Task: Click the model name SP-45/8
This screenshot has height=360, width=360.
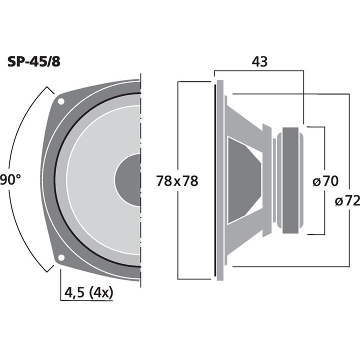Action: [34, 62]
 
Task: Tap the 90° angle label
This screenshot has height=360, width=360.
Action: [10, 180]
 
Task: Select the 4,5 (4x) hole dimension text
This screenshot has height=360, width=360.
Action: [88, 292]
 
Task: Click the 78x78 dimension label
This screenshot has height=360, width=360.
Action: [177, 180]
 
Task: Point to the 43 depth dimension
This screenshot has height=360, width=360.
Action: [259, 61]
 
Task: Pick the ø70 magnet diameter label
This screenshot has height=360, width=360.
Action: [325, 180]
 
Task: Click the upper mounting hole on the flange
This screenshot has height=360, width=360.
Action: [61, 101]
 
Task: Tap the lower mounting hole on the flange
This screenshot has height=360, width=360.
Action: [61, 257]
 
